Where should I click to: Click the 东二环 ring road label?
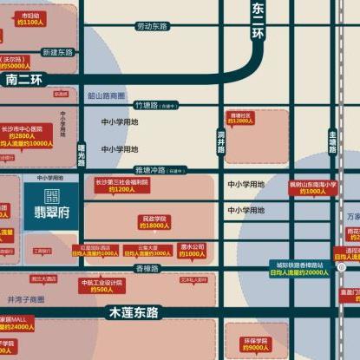click(257, 20)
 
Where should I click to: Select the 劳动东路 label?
click(153, 27)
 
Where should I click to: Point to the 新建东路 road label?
click(58, 53)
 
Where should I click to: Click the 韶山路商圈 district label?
click(107, 95)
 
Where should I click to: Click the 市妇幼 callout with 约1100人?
click(30, 18)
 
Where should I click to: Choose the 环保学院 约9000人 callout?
click(251, 344)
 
